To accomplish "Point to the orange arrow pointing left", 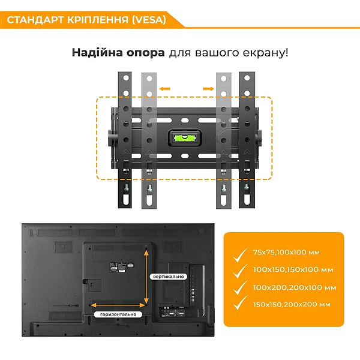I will [165, 89].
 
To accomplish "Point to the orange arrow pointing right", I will [208, 89].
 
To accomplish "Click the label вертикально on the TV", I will [168, 276].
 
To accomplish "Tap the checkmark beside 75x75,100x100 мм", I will [241, 254].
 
